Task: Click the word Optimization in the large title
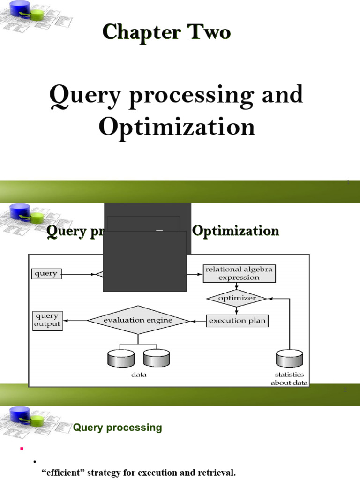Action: point(177,127)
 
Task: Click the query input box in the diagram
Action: point(46,274)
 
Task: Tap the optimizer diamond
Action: point(237,298)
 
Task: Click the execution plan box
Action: point(237,321)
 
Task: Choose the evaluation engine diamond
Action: point(138,320)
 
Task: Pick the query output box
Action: point(47,320)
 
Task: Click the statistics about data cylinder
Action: point(289,359)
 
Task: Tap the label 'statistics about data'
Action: point(289,378)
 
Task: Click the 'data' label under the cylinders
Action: point(138,375)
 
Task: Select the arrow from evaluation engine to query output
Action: point(75,321)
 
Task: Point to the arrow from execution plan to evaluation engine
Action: point(198,321)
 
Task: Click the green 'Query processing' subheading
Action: point(117,427)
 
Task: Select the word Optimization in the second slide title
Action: point(236,231)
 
